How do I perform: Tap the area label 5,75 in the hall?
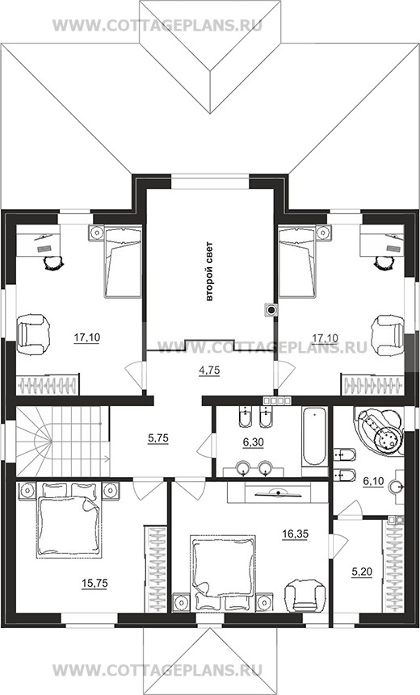point(158,438)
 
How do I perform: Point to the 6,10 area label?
point(373,482)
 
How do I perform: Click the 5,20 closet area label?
point(362,572)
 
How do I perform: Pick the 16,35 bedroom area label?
point(296,534)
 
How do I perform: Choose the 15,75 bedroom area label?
point(95,584)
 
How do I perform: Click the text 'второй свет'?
point(209,271)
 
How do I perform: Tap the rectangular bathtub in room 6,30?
point(314,437)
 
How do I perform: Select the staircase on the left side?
point(63,442)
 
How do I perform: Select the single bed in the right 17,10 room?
point(297,262)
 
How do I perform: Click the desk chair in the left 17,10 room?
point(53,263)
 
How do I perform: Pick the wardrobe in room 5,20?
point(394,567)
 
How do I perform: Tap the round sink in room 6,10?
point(396,487)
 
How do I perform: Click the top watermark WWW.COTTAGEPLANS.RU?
point(157,25)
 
